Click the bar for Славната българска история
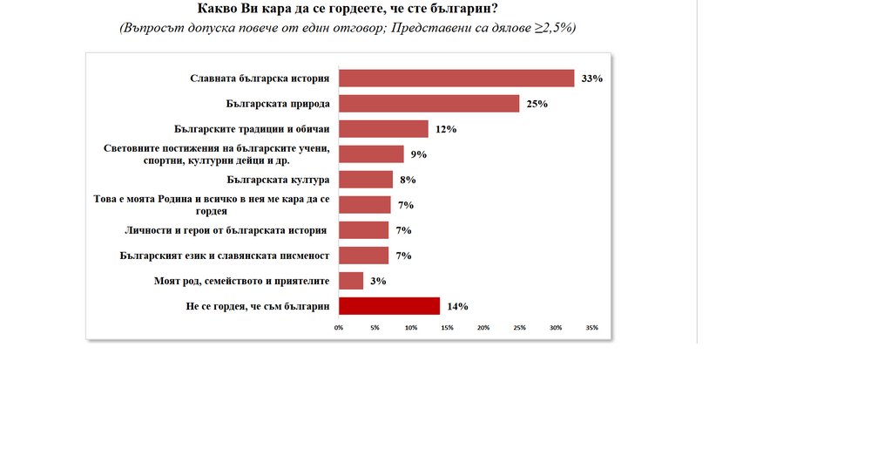(x=456, y=78)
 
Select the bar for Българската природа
(x=429, y=104)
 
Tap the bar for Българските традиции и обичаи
(x=383, y=129)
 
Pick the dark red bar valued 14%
(x=388, y=306)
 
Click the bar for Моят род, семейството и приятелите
(x=351, y=281)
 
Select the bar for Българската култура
(x=366, y=180)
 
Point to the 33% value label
(x=592, y=78)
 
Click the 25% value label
(x=537, y=104)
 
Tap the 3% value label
(x=377, y=281)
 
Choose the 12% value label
(x=446, y=129)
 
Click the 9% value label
(x=419, y=154)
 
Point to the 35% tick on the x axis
(x=591, y=328)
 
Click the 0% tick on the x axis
(x=340, y=328)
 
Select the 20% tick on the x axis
(x=483, y=328)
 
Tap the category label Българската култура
(x=277, y=180)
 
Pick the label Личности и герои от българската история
(x=226, y=230)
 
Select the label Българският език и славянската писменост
(x=224, y=256)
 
